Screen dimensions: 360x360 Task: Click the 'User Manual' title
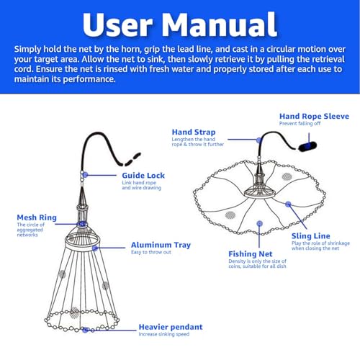180,24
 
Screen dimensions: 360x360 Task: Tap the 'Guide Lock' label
143,176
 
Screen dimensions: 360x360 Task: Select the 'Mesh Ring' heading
37,217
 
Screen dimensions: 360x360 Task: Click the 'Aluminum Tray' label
161,245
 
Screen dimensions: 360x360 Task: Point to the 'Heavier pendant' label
171,327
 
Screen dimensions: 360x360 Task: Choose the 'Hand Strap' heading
194,132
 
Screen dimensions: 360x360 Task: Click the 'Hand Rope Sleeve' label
314,116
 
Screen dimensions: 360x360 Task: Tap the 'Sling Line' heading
311,235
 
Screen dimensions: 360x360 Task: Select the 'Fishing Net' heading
251,254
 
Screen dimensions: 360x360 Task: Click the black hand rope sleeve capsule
307,146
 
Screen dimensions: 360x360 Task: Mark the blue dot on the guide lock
86,175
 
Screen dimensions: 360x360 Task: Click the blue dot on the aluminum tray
95,248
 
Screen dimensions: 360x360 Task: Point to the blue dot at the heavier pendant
85,330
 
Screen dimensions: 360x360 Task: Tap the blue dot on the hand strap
258,140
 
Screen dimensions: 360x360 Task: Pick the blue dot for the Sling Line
288,204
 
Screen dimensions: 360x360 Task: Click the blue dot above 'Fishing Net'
259,224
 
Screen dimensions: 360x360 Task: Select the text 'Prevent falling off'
300,123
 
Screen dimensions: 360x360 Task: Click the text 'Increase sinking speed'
164,334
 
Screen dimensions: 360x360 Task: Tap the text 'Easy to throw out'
151,252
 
